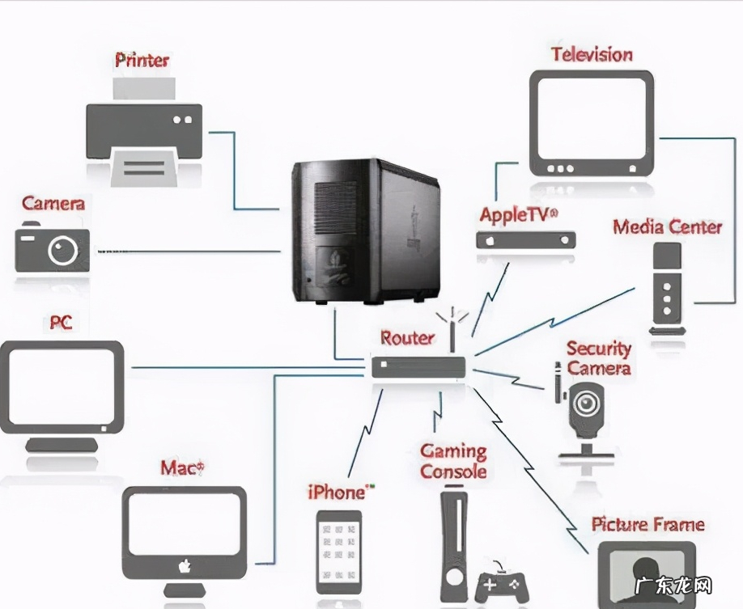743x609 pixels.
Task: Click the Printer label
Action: [x=142, y=60]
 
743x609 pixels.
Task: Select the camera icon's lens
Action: [x=62, y=251]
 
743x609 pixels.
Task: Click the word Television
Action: [x=592, y=55]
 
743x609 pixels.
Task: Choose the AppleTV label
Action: [x=518, y=215]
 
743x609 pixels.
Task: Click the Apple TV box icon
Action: [x=526, y=239]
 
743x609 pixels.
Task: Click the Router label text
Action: [x=407, y=338]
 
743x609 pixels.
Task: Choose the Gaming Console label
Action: [x=453, y=461]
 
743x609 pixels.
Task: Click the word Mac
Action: [x=180, y=467]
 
